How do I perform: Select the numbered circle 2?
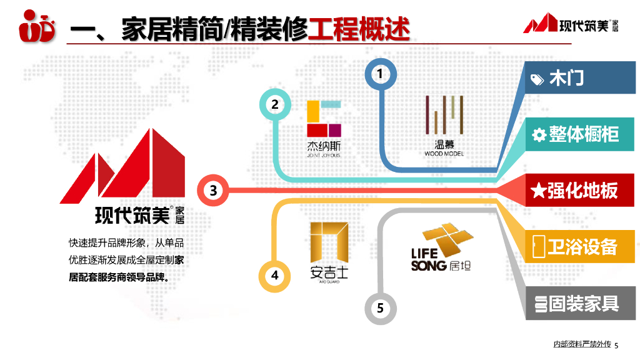(275, 104)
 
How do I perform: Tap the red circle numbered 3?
(213, 190)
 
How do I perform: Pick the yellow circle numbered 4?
(275, 276)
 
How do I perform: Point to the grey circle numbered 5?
(380, 307)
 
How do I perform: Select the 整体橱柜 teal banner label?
(584, 134)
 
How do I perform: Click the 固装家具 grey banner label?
(584, 304)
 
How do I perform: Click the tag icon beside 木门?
(537, 79)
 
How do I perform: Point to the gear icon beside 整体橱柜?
(539, 134)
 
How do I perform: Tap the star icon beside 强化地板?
(537, 191)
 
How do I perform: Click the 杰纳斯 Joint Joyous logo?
(324, 127)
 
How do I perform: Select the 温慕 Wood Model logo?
(444, 125)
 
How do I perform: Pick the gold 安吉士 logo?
(329, 251)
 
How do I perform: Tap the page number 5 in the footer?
(616, 346)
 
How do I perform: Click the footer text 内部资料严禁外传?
(582, 344)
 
